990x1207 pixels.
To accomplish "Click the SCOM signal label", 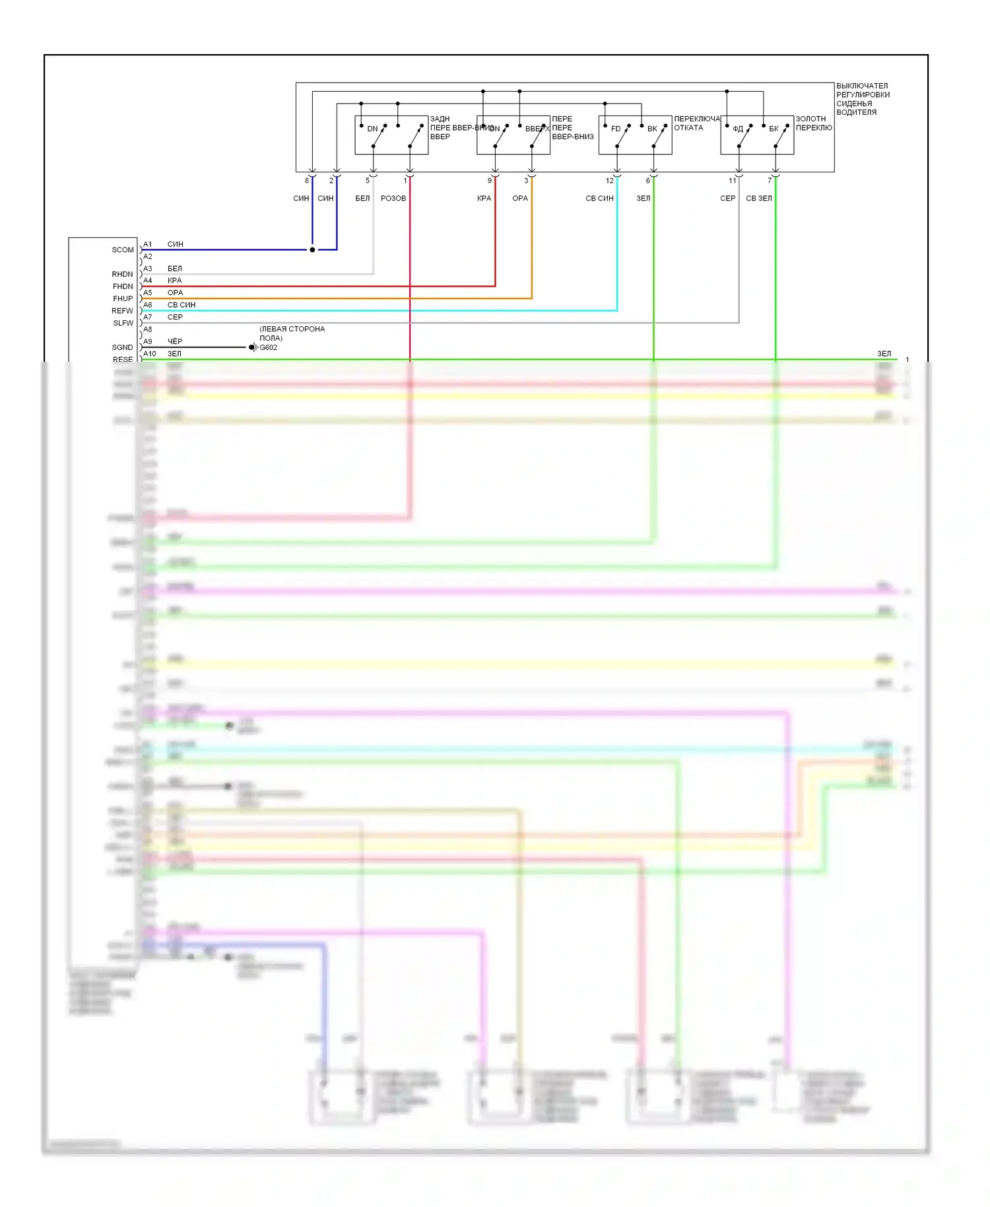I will coord(122,250).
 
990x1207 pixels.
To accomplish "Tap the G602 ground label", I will coord(268,347).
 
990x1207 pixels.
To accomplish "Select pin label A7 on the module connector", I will coord(148,317).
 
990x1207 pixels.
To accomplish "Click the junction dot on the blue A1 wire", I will coord(312,250).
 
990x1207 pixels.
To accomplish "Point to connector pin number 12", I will coord(609,180).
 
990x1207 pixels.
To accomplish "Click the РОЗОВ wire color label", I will coord(393,198).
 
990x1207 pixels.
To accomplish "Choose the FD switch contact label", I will coord(616,129).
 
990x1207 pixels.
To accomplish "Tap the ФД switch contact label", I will coord(738,129).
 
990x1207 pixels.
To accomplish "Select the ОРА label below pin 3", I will coord(520,198).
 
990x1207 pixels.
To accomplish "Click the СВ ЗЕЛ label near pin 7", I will coord(758,198).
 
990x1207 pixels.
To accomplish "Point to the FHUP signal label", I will coord(123,298).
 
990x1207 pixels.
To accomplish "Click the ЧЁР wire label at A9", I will coord(175,341).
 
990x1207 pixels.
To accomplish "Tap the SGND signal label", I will coord(122,347).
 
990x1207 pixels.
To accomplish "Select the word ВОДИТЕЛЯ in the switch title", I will coord(856,112).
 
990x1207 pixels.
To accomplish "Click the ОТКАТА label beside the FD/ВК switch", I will coord(688,128).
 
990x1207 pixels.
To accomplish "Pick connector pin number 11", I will coord(732,180).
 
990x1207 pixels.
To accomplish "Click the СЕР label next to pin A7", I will coord(175,317).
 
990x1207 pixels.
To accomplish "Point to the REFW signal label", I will coord(122,310).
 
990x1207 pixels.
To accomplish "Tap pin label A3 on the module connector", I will coord(148,269).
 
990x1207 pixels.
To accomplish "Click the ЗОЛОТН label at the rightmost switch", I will coord(810,119).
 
